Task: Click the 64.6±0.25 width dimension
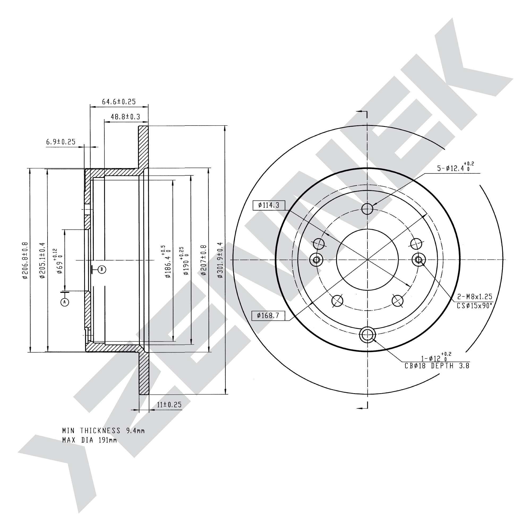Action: pyautogui.click(x=119, y=102)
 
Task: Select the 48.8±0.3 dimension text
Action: pyautogui.click(x=125, y=117)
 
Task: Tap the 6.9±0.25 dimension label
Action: pyautogui.click(x=61, y=142)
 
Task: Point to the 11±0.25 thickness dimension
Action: pyautogui.click(x=169, y=405)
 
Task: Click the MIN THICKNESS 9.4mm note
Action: pyautogui.click(x=103, y=431)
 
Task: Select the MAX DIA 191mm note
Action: pyautogui.click(x=89, y=440)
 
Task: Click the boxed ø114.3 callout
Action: pyautogui.click(x=268, y=205)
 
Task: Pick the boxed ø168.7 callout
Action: pyautogui.click(x=268, y=315)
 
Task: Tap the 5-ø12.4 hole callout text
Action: pyautogui.click(x=455, y=167)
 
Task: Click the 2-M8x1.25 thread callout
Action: pyautogui.click(x=475, y=297)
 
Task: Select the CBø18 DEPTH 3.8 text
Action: pyautogui.click(x=437, y=366)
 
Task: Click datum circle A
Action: pyautogui.click(x=65, y=302)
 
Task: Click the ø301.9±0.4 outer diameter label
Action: pyautogui.click(x=220, y=260)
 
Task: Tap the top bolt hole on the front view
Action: pyautogui.click(x=367, y=209)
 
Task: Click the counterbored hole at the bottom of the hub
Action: pyautogui.click(x=367, y=335)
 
